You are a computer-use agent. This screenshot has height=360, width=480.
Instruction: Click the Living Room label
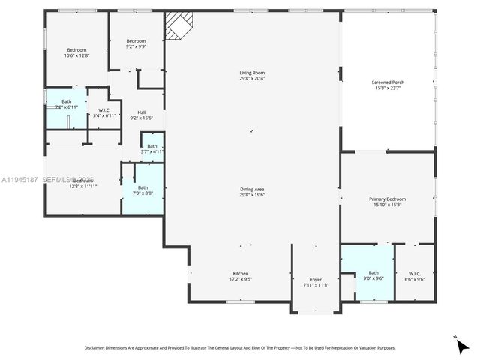[251, 72]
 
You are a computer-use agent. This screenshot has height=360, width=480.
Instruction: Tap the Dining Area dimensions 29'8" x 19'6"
[252, 195]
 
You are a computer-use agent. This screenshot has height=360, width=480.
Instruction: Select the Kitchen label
[240, 274]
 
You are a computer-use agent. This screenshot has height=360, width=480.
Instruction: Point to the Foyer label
[316, 279]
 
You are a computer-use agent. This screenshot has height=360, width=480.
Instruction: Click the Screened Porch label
[388, 82]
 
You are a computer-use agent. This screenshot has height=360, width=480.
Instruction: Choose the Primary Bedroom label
[387, 199]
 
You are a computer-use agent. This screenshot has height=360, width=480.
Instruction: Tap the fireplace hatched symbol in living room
[178, 25]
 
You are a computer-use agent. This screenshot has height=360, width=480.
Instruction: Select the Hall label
[141, 112]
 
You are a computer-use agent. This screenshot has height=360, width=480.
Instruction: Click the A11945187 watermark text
[20, 181]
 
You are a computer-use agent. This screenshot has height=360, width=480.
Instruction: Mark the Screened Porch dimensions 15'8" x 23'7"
[388, 88]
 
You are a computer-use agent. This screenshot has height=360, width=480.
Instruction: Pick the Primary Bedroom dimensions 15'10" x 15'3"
[387, 205]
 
